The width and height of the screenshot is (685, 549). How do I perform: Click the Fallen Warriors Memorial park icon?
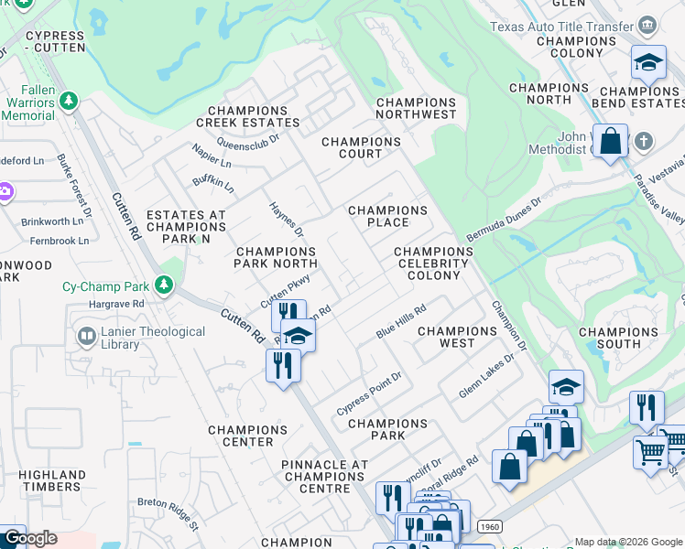coord(68,100)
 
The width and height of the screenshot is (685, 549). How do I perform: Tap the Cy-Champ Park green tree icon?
coord(164,285)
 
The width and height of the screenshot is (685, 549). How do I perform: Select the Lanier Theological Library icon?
coord(87,338)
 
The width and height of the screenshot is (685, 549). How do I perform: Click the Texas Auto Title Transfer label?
coord(560,27)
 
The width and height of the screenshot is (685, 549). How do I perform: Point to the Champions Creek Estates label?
coord(247,122)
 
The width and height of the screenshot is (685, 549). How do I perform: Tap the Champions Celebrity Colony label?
coord(432,264)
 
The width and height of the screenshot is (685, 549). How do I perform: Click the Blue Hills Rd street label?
coord(402,322)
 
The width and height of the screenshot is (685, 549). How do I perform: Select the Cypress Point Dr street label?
coord(369,393)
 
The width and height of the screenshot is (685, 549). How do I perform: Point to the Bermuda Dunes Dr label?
coord(504,216)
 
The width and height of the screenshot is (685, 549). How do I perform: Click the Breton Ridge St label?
coord(168,513)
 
